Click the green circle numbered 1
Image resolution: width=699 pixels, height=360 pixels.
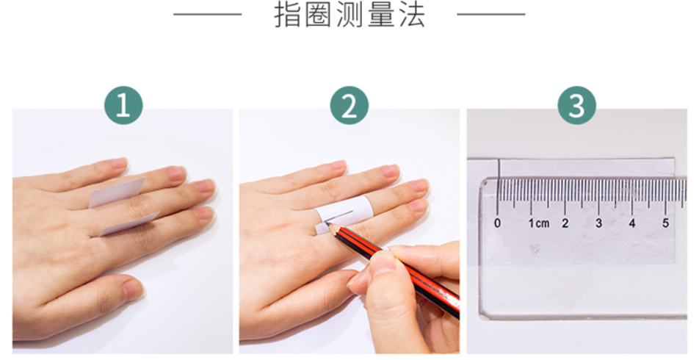tap(123, 106)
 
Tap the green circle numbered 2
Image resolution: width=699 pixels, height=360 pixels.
tap(349, 106)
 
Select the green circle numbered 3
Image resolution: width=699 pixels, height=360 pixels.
tap(577, 106)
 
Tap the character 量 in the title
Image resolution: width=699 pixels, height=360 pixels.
tap(381, 15)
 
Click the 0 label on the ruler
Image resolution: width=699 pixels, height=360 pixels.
tap(498, 223)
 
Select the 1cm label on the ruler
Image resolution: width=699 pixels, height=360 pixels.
tap(538, 223)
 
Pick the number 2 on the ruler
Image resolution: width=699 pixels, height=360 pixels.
tap(565, 223)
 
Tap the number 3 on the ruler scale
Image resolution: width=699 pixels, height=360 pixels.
tap(598, 223)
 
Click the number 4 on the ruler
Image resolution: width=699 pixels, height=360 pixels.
tap(631, 223)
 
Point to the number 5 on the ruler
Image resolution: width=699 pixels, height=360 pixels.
tap(665, 223)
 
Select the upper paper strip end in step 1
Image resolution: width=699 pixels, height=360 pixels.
tap(117, 192)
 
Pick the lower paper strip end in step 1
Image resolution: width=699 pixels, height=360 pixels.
tap(128, 224)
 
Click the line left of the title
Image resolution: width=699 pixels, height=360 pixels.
tap(207, 14)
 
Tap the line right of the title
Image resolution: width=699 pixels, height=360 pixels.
tap(491, 14)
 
